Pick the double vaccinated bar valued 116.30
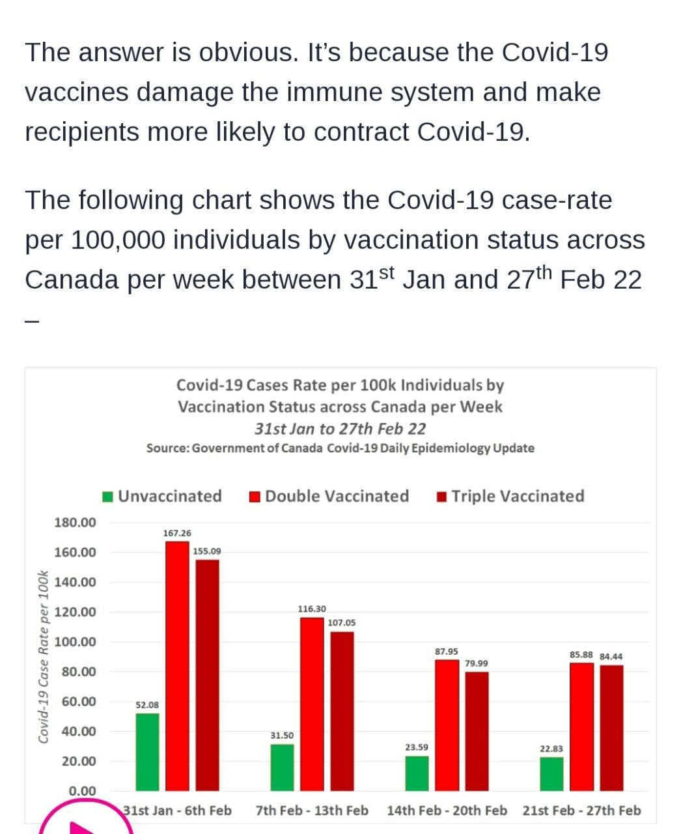tap(312, 704)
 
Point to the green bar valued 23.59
tap(417, 773)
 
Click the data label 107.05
tap(341, 623)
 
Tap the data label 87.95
tap(447, 652)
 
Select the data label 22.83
tap(551, 749)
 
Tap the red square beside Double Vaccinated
tap(255, 497)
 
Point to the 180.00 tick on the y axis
tap(75, 523)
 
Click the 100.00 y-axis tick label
tap(75, 642)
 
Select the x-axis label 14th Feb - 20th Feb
tap(447, 811)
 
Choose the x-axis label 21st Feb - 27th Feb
tap(581, 811)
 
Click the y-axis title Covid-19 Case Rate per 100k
tap(44, 656)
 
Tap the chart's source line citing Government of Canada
tap(340, 448)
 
